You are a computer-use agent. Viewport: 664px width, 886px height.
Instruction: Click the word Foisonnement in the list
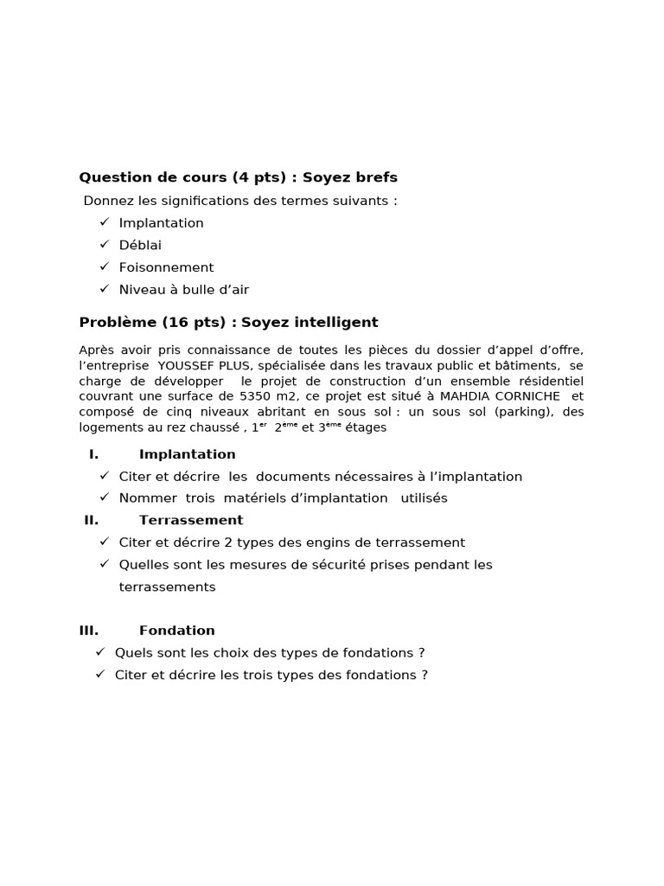(166, 267)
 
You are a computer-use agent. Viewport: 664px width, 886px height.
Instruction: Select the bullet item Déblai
(140, 245)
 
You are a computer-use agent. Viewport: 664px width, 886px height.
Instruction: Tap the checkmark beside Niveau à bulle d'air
(104, 289)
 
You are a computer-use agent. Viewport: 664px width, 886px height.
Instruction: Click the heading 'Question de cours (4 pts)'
(182, 177)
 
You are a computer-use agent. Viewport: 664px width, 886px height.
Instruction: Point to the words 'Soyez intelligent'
(310, 323)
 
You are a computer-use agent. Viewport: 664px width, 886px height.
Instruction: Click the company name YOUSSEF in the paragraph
(184, 365)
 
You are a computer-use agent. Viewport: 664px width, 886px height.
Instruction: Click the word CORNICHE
(530, 396)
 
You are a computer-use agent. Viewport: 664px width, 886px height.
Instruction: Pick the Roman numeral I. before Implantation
(93, 454)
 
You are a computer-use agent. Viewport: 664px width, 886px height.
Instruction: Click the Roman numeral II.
(92, 520)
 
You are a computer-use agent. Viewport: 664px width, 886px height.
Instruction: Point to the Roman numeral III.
(89, 631)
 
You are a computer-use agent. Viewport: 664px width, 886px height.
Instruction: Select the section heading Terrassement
(191, 520)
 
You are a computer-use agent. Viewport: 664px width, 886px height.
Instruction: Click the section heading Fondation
(177, 631)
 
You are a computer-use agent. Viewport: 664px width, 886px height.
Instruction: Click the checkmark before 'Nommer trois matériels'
(104, 498)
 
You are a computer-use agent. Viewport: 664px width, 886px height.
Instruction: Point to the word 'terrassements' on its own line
(167, 587)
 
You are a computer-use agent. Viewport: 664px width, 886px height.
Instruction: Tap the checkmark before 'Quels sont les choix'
(100, 652)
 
